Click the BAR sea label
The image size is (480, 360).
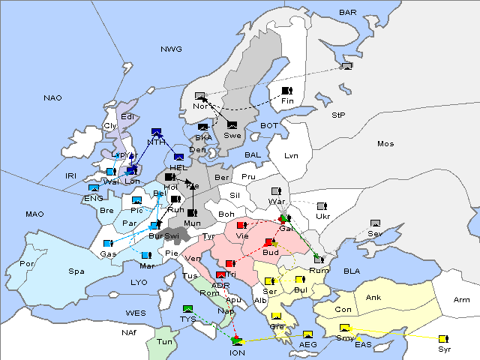point(348,13)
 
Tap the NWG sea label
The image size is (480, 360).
point(171,49)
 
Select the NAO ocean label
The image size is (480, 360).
point(52,97)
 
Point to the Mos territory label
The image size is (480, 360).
point(385,143)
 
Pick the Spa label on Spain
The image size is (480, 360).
point(76,271)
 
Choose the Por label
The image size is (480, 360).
point(27,264)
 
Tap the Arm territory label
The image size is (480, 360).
point(462,300)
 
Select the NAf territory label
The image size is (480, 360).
point(129,331)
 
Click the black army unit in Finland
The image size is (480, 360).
point(286,91)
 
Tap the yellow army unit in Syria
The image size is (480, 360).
point(442,339)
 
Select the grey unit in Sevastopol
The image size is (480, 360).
point(375,223)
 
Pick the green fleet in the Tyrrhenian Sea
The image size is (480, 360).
point(187,308)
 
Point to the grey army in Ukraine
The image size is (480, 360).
point(321,206)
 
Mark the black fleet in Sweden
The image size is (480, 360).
point(232,124)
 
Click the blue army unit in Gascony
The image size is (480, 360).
point(108,244)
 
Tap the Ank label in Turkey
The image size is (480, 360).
point(373,298)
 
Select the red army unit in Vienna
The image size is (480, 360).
point(241,225)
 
